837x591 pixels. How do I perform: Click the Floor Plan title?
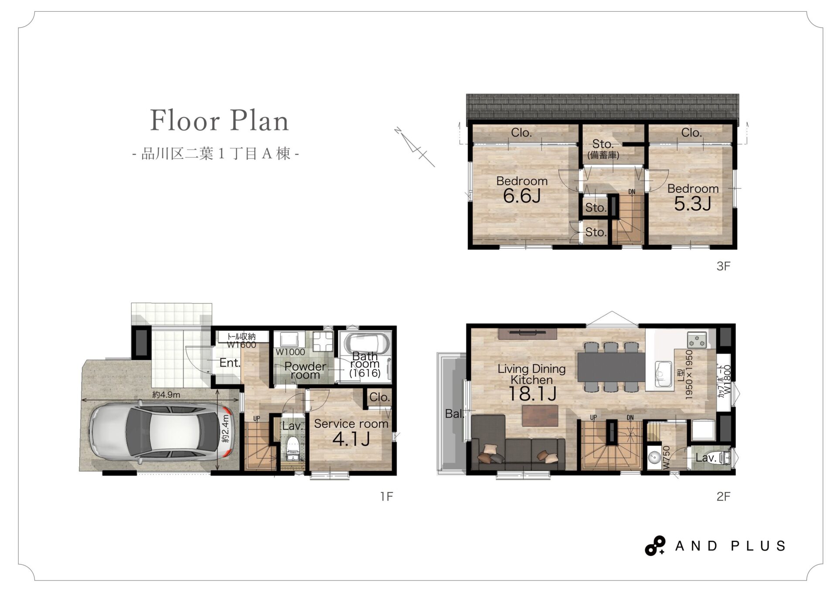[219, 120]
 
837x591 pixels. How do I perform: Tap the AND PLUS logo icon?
[655, 546]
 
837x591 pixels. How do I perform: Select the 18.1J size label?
[532, 394]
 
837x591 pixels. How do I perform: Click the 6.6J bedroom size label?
[522, 196]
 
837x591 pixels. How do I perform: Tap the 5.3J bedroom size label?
[693, 204]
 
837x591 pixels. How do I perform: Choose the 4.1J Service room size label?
[351, 439]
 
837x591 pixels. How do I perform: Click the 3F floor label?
[723, 266]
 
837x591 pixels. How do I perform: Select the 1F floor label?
[386, 496]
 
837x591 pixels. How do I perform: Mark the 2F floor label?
[723, 496]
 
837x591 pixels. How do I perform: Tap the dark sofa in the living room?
[518, 443]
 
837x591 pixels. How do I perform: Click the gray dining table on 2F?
[611, 367]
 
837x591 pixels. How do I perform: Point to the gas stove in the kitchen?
[697, 339]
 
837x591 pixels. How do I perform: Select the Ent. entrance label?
[230, 363]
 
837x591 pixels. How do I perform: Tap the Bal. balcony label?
[454, 414]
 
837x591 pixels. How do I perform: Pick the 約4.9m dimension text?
[166, 395]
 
